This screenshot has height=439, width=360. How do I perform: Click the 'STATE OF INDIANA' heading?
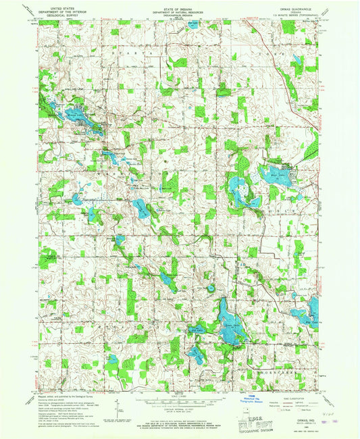coord(179,6)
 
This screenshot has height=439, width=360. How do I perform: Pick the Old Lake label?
coord(196,330)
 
